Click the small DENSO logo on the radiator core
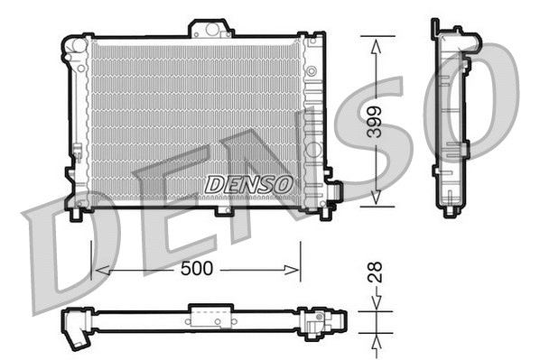tap(249, 183)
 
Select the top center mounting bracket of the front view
tap(210, 29)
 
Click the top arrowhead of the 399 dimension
tap(377, 42)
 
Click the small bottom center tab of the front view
tap(224, 211)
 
